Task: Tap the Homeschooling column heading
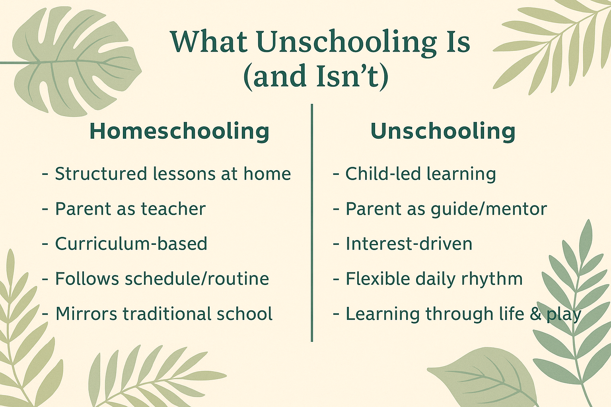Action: (179, 131)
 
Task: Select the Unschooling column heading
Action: (443, 131)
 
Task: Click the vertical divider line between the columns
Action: (312, 223)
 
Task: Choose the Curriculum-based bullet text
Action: (131, 244)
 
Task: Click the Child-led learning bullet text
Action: (420, 174)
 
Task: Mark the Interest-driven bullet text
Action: (409, 244)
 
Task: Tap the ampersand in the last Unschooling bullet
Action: (535, 314)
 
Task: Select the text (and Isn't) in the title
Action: (315, 76)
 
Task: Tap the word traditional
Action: (167, 314)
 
